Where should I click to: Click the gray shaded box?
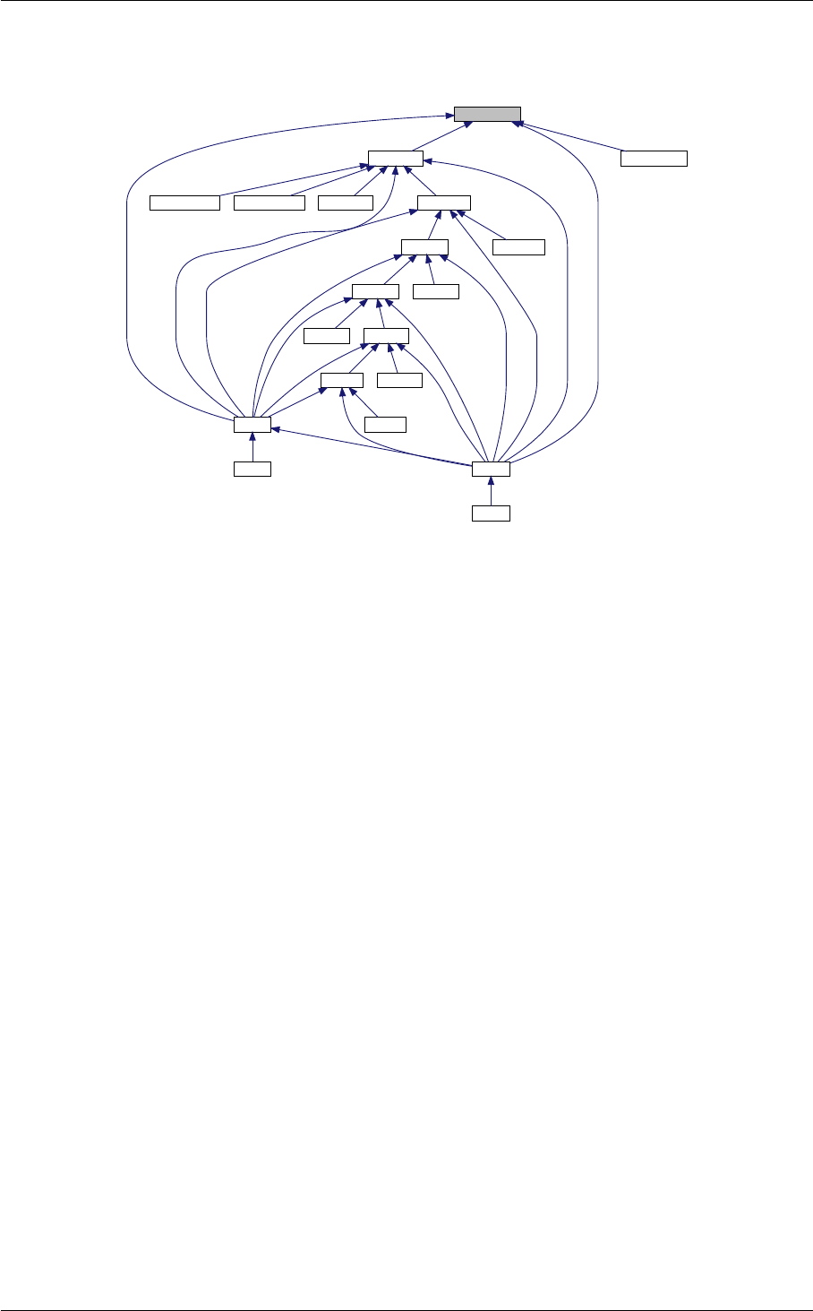click(x=486, y=114)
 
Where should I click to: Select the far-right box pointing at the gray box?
click(x=655, y=159)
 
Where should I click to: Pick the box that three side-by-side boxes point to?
click(x=396, y=159)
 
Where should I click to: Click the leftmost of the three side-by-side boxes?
click(x=184, y=202)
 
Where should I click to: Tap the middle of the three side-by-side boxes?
click(x=269, y=202)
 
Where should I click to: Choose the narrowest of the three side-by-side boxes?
click(x=346, y=202)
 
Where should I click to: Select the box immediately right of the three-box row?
click(x=443, y=202)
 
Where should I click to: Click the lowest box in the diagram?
click(x=491, y=513)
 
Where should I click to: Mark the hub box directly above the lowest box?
click(x=491, y=468)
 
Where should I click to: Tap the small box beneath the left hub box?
click(x=252, y=468)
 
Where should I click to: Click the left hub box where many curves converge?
click(x=252, y=424)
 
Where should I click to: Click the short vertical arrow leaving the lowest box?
click(x=491, y=491)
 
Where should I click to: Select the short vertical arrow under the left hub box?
click(x=252, y=446)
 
